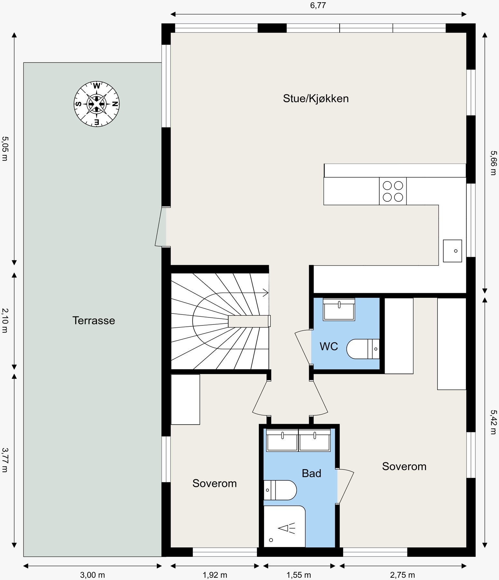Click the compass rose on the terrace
click(x=97, y=104)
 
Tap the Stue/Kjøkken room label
click(x=315, y=98)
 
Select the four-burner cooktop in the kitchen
click(x=393, y=191)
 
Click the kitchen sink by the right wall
click(x=452, y=251)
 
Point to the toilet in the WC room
click(x=362, y=349)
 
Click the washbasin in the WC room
click(x=339, y=309)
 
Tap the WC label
click(x=329, y=346)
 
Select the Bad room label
click(x=311, y=473)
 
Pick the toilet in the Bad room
click(x=279, y=490)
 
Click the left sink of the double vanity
click(x=282, y=440)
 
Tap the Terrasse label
click(x=93, y=320)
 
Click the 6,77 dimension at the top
click(x=318, y=5)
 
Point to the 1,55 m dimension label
click(x=298, y=575)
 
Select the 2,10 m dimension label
click(x=5, y=320)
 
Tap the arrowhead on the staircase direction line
click(x=266, y=293)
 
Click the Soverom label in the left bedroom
click(x=214, y=483)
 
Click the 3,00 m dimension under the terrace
click(x=92, y=575)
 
